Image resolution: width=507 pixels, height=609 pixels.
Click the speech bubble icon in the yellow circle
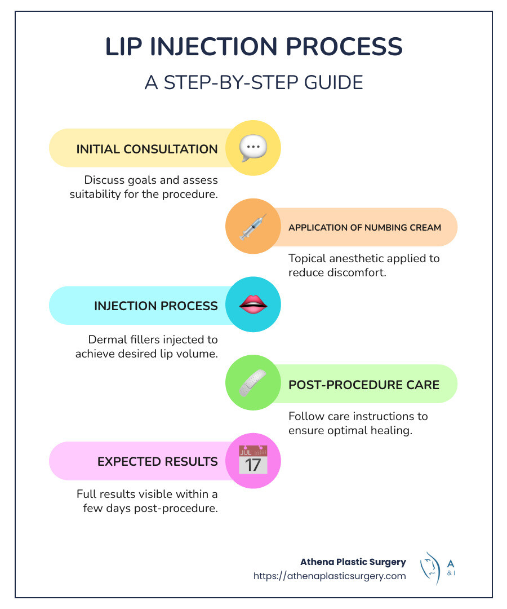tap(253, 148)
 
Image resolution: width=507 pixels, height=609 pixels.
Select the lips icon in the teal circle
tap(253, 305)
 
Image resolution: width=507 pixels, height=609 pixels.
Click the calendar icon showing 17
tap(253, 461)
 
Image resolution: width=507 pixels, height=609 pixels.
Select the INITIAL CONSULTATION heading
tap(147, 149)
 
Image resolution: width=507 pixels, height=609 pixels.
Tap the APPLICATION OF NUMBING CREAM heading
tap(364, 228)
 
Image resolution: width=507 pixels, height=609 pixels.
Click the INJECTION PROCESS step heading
tap(155, 306)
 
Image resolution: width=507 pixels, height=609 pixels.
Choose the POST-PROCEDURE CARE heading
tap(364, 385)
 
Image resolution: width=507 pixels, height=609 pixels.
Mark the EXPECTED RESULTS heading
tap(157, 462)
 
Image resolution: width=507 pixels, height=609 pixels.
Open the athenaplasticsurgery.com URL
tap(330, 576)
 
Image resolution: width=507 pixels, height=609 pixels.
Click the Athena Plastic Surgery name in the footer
tap(353, 562)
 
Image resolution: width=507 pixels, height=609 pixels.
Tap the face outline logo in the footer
tap(430, 567)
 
